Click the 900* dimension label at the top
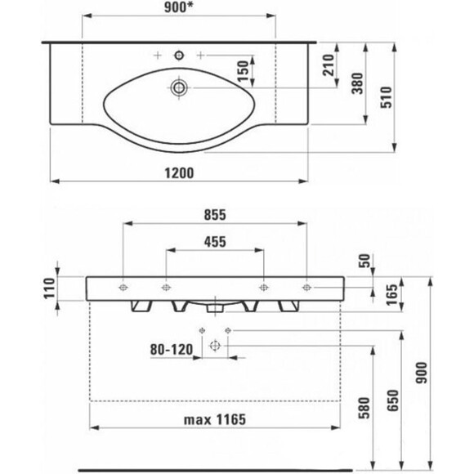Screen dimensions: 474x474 pyautogui.click(x=179, y=8)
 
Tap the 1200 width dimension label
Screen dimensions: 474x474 pyautogui.click(x=179, y=173)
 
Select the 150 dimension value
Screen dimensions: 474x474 pyautogui.click(x=243, y=71)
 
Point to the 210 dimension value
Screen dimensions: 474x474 pyautogui.click(x=329, y=65)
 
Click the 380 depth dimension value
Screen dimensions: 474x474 pyautogui.click(x=358, y=83)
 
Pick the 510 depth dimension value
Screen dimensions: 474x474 pyautogui.click(x=387, y=97)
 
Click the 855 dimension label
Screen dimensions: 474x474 pyautogui.click(x=215, y=215)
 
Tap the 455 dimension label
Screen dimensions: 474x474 pyautogui.click(x=215, y=242)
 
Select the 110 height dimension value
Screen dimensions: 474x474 pyautogui.click(x=49, y=288)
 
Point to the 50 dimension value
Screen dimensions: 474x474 pyautogui.click(x=364, y=261)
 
